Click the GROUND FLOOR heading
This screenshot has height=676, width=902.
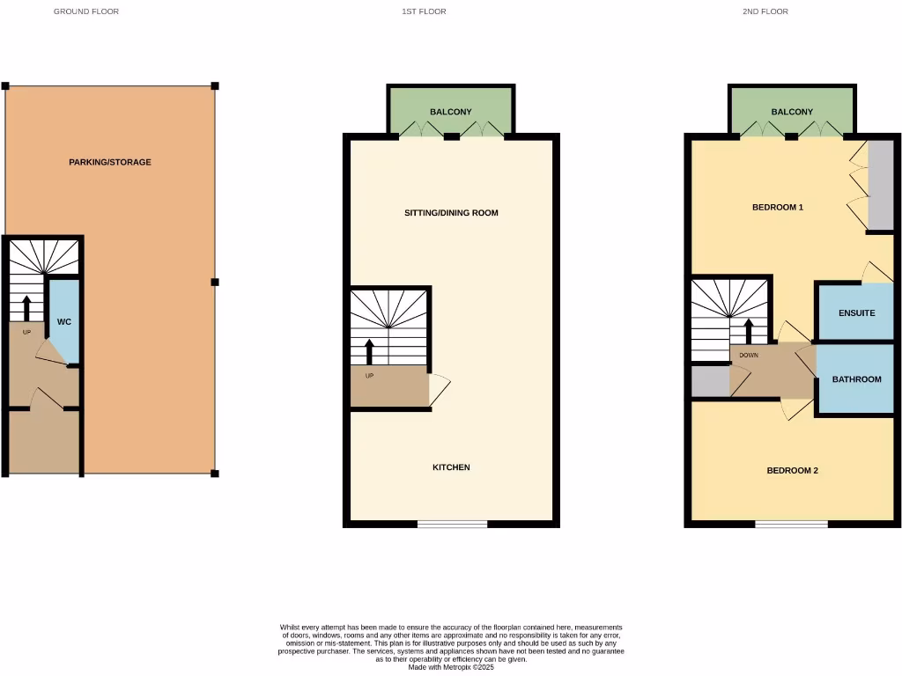tap(86, 11)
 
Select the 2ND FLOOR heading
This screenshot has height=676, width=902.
tap(765, 11)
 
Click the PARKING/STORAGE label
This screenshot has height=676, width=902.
tap(110, 162)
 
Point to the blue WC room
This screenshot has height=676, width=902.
tap(64, 321)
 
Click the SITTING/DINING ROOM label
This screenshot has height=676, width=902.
tap(451, 213)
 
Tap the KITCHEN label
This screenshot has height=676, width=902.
tap(451, 467)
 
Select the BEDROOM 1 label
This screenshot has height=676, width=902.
tap(778, 208)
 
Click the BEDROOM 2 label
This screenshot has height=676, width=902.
tap(793, 470)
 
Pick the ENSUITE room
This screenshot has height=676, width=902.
tap(855, 312)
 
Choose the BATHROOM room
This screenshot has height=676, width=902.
tap(856, 379)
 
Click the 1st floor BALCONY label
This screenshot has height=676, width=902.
tap(451, 112)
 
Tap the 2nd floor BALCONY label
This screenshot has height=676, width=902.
tap(792, 112)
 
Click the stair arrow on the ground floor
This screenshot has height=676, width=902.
tap(26, 308)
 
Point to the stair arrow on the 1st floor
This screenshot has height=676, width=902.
tap(369, 350)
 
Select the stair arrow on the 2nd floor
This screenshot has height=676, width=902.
tap(750, 331)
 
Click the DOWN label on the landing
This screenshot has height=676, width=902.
tap(749, 356)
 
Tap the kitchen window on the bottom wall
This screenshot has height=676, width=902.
tap(453, 524)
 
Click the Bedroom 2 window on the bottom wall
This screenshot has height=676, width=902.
tap(791, 524)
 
